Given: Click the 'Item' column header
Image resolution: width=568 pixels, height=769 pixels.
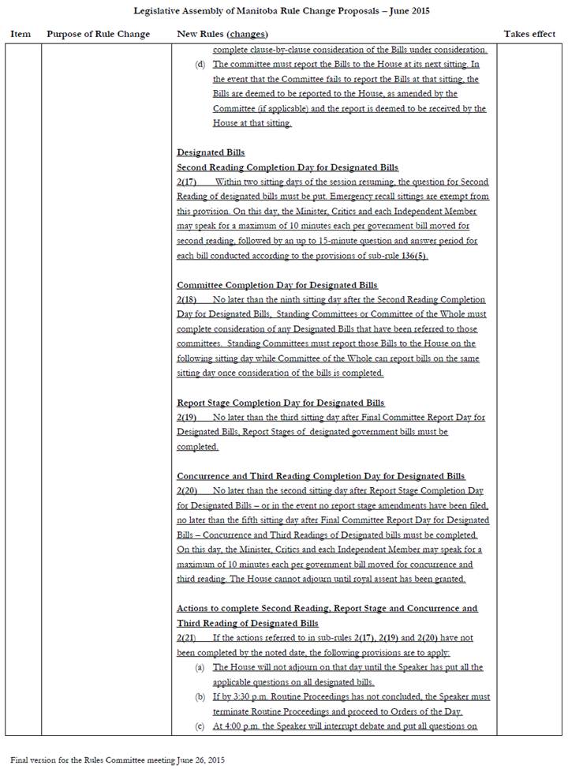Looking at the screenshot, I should tap(21, 35).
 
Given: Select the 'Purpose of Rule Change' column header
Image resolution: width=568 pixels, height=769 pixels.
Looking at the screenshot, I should tap(93, 35).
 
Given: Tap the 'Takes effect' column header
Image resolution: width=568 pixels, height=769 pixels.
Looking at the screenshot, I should tap(529, 35).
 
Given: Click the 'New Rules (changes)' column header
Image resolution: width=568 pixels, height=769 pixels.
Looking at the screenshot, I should tap(222, 35).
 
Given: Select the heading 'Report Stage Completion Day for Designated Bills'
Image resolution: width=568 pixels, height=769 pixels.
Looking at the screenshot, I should tap(281, 403).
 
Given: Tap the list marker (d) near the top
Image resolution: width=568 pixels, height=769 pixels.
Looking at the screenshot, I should tap(200, 65).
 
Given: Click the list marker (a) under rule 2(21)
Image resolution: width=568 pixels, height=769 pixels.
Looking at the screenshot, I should tap(200, 668).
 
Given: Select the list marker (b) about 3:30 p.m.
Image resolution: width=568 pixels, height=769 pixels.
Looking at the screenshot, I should tap(200, 697).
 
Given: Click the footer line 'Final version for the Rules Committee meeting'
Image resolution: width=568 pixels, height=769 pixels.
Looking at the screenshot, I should tap(118, 760).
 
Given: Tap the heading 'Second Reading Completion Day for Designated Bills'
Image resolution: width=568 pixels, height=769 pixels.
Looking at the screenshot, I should tap(288, 167).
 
